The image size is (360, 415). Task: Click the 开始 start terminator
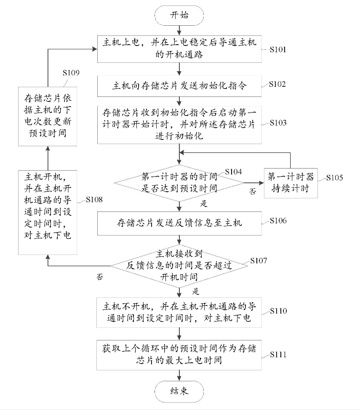[x=179, y=16]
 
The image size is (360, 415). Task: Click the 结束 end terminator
[x=179, y=391]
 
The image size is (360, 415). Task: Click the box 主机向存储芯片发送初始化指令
[x=179, y=86]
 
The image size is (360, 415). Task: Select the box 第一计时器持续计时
[x=291, y=183]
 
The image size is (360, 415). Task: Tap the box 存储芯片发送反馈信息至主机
[x=179, y=223]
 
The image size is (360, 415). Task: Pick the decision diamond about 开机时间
[x=179, y=265]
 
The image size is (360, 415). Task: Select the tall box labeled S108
[x=48, y=211]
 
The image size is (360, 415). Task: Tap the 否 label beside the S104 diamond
[x=253, y=192]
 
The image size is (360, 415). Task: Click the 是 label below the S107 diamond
[x=195, y=291]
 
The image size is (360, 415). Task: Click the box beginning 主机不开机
[x=179, y=312]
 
